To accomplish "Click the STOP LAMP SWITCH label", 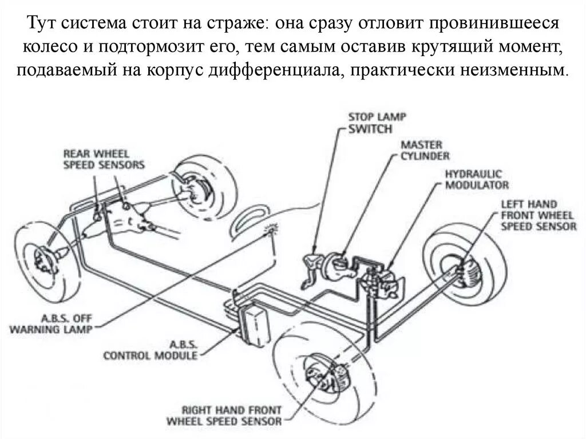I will click(377, 123).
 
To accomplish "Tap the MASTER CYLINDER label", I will click(425, 151).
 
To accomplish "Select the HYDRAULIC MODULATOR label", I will click(477, 179).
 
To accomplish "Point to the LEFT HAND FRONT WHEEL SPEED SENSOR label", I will click(538, 215).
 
